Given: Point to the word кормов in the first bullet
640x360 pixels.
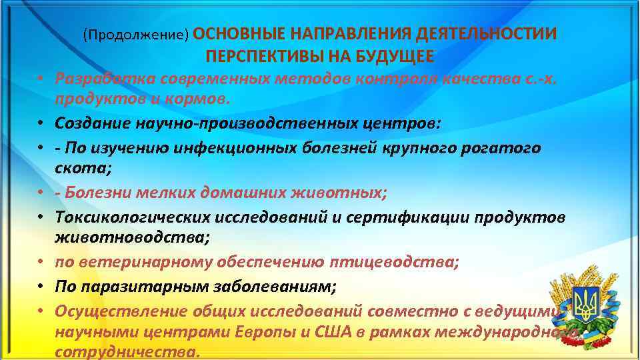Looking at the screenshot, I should point(199,100).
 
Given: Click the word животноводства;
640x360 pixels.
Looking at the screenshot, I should point(115,239).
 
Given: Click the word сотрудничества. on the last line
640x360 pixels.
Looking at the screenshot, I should point(127,353).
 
